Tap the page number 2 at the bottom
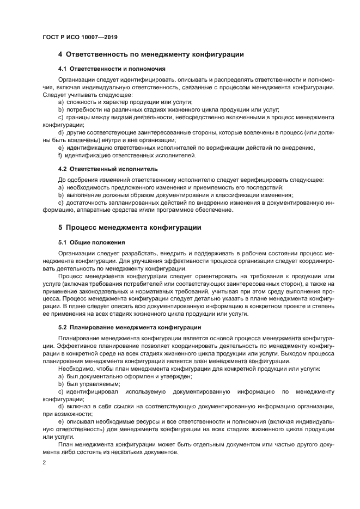(45, 463)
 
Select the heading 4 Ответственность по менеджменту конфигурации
(150, 54)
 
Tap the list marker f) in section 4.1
(60, 155)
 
